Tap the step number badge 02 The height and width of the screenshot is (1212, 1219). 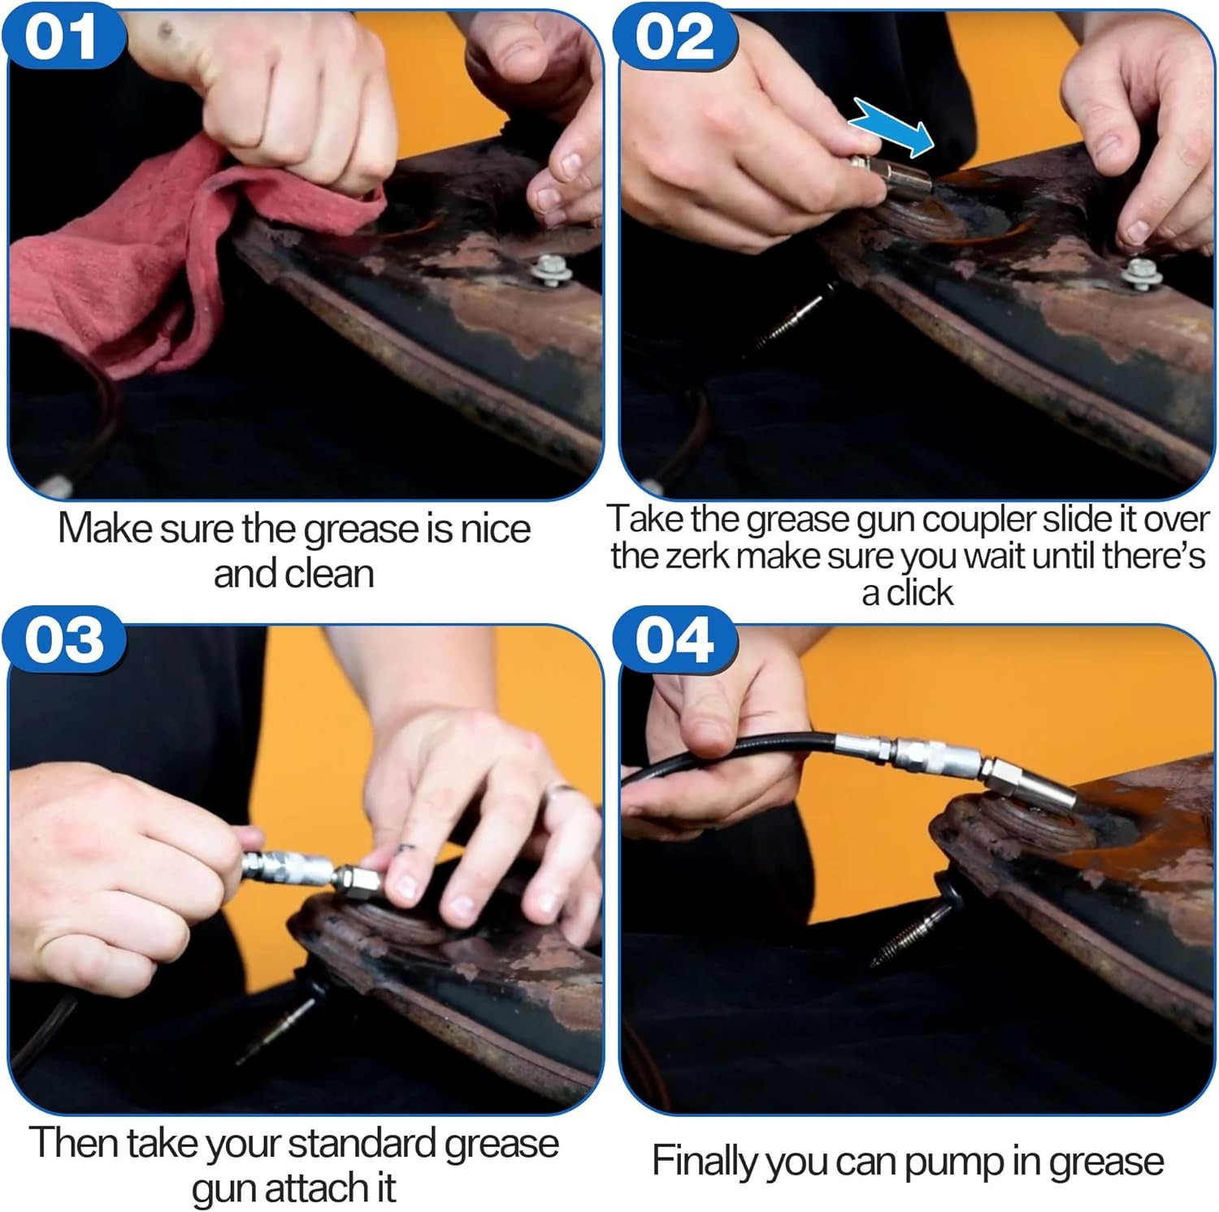675,37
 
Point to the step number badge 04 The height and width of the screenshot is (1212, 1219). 675,641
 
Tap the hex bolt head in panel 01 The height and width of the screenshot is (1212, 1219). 551,268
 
